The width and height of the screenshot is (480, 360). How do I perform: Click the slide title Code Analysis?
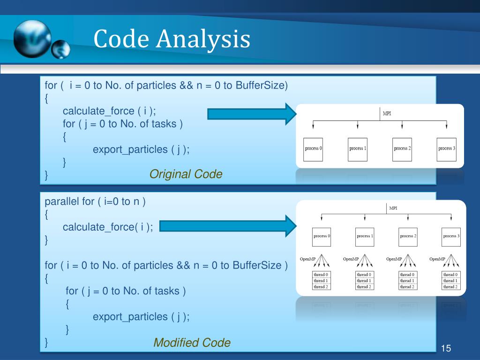pyautogui.click(x=172, y=39)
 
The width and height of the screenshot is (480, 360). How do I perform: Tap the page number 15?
pyautogui.click(x=446, y=348)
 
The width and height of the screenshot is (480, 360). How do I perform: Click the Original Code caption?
pyautogui.click(x=186, y=174)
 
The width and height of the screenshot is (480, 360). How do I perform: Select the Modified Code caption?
pyautogui.click(x=192, y=343)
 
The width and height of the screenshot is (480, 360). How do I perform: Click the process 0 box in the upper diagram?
pyautogui.click(x=313, y=149)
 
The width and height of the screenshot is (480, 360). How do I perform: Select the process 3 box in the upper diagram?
pyautogui.click(x=446, y=149)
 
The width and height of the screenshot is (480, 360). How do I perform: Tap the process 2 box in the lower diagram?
pyautogui.click(x=406, y=236)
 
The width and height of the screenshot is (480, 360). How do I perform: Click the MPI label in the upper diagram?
pyautogui.click(x=387, y=114)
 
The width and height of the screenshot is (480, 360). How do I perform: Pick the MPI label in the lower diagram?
pyautogui.click(x=393, y=209)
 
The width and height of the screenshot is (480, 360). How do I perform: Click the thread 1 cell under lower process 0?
pyautogui.click(x=321, y=280)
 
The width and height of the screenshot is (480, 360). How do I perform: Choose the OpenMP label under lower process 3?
pyautogui.click(x=437, y=259)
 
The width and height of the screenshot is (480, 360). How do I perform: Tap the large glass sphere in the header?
pyautogui.click(x=32, y=39)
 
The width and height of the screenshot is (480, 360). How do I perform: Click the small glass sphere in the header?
pyautogui.click(x=60, y=49)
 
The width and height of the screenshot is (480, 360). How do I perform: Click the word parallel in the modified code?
pyautogui.click(x=62, y=202)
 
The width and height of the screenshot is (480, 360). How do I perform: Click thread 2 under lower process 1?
pyautogui.click(x=364, y=286)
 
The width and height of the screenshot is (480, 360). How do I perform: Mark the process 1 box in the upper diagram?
pyautogui.click(x=358, y=149)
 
